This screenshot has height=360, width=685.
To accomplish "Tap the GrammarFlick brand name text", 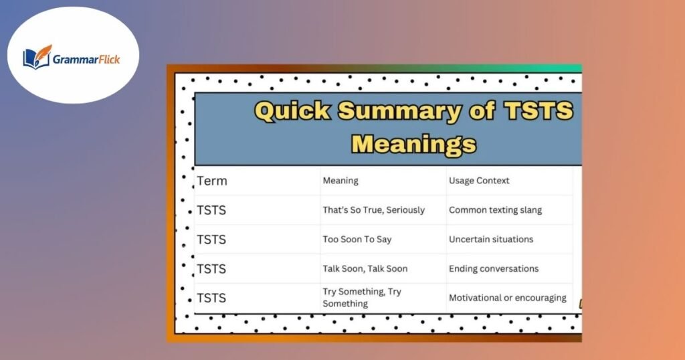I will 87,59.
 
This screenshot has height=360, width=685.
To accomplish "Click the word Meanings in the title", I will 413,144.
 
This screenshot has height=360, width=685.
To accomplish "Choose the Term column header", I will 212,181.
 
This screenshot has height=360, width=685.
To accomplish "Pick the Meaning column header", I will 340,181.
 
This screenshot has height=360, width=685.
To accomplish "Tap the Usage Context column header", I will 479,181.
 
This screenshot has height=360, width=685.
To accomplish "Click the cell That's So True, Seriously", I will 373,210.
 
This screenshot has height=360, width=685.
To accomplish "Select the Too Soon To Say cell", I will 357,240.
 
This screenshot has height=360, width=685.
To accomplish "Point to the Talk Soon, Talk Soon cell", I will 365,269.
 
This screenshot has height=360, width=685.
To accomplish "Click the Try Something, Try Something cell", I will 362,298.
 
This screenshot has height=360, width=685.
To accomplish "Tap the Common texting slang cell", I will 495,210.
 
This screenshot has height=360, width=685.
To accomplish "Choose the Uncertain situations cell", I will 491,240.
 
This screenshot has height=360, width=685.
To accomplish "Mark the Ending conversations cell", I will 494,269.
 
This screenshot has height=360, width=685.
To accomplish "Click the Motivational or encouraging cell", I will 507,298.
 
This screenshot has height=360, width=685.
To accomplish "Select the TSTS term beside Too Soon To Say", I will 211,240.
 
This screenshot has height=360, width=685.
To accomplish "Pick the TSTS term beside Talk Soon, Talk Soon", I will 211,269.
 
